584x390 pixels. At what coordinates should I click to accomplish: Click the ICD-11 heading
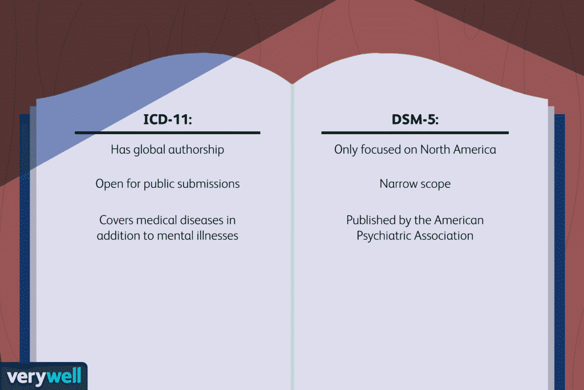pos(167,121)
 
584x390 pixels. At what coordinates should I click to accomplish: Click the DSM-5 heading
pos(415,121)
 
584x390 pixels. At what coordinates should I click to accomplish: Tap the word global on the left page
pos(151,150)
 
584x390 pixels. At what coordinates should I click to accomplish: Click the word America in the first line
pos(474,150)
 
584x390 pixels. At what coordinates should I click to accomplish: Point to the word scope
pos(435,184)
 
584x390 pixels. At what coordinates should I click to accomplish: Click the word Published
pos(370,220)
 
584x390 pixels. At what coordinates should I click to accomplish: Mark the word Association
pos(444,235)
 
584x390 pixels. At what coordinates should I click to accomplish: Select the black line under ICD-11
pos(167,133)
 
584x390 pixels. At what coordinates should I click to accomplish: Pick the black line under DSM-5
pos(415,133)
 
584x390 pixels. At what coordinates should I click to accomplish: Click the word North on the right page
pos(436,150)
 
